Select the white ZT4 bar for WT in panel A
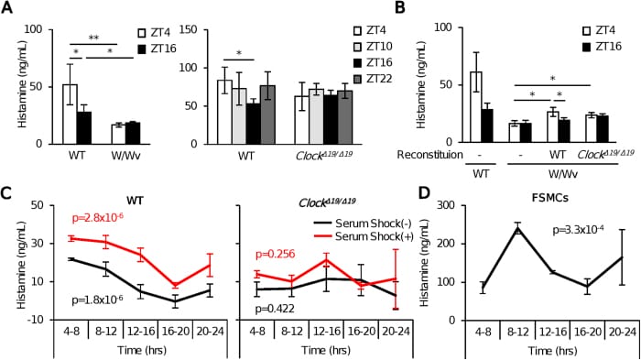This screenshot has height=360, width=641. pyautogui.click(x=70, y=114)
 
